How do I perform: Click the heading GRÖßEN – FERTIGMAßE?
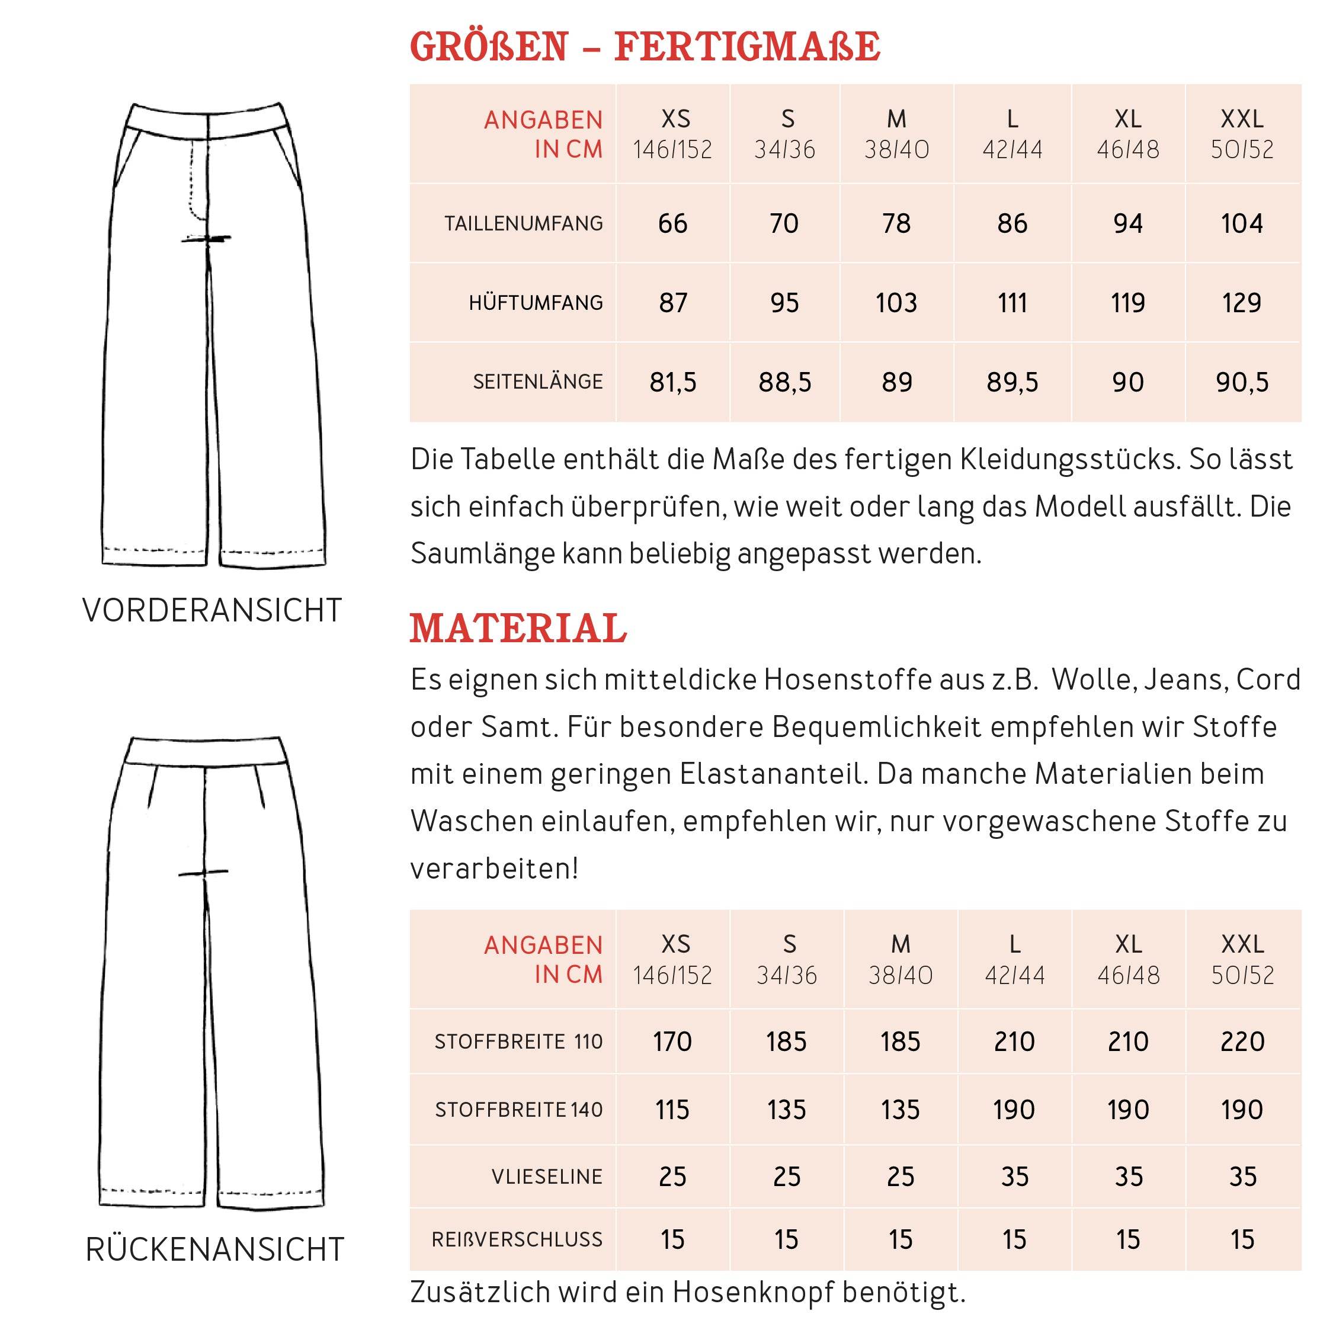click(x=645, y=47)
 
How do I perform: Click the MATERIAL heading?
click(x=518, y=629)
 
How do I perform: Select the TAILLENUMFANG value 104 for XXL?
click(x=1242, y=223)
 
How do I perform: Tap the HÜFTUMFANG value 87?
click(x=672, y=303)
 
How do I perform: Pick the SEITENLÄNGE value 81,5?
click(x=672, y=382)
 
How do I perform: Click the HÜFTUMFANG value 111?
click(x=1012, y=303)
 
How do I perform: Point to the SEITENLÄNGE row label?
click(x=537, y=382)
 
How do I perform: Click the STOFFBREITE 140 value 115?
click(x=672, y=1110)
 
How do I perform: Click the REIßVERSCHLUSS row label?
click(x=517, y=1240)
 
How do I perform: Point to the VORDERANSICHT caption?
click(x=212, y=611)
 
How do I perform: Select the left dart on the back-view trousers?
click(x=152, y=787)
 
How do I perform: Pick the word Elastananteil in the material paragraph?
click(x=773, y=774)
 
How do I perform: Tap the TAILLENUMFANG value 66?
click(x=672, y=223)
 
